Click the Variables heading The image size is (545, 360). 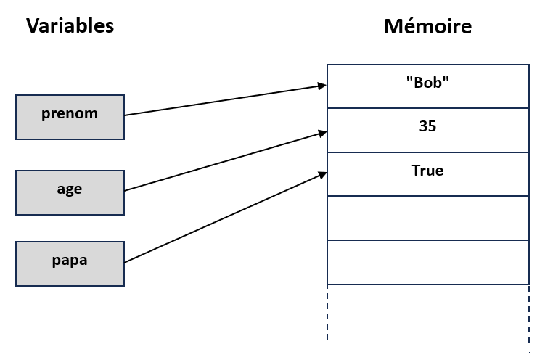(70, 26)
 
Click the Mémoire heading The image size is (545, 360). (428, 26)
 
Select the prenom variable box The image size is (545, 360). (70, 117)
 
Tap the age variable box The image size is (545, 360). (70, 192)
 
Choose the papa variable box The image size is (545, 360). (70, 263)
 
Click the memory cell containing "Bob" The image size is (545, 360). (428, 86)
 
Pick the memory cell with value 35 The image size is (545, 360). (428, 131)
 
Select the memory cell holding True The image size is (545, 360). (428, 174)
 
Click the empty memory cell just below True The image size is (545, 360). (428, 218)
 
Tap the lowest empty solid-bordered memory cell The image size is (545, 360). (428, 262)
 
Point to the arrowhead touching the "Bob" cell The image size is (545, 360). (322, 86)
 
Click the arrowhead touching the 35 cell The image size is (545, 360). (322, 133)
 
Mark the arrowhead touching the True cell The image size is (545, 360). (322, 175)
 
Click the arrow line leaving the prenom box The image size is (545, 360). (226, 100)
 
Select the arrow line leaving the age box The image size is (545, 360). (226, 161)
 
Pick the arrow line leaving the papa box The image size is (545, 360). (226, 218)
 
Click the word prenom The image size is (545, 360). (70, 114)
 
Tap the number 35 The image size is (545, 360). (427, 126)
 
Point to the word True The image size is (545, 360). (427, 171)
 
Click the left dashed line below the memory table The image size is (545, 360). (327, 317)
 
